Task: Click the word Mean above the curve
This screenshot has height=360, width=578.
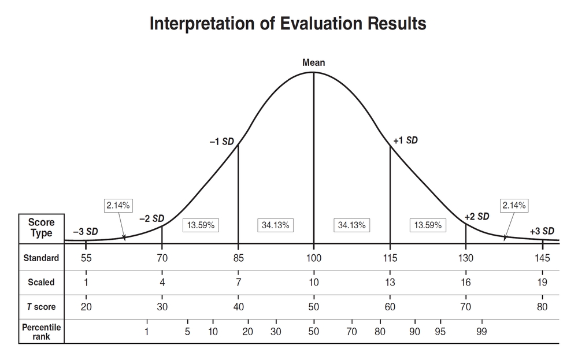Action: pyautogui.click(x=313, y=62)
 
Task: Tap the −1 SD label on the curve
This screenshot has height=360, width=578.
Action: pyautogui.click(x=221, y=142)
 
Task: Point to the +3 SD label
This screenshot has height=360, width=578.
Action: pyautogui.click(x=542, y=232)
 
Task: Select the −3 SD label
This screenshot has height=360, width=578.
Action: pyautogui.click(x=86, y=232)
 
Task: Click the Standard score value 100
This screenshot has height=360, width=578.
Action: pyautogui.click(x=313, y=258)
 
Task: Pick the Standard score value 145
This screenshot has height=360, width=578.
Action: pyautogui.click(x=542, y=258)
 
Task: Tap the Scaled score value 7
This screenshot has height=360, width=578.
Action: pyautogui.click(x=238, y=283)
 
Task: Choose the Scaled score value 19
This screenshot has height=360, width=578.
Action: pyautogui.click(x=542, y=283)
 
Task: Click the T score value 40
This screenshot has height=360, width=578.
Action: pyautogui.click(x=238, y=307)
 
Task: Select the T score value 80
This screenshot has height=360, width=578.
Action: pyautogui.click(x=542, y=307)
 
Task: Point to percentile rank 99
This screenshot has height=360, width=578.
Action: pyautogui.click(x=481, y=332)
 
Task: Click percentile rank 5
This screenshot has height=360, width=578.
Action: pyautogui.click(x=187, y=332)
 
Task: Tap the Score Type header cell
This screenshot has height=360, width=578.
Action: pyautogui.click(x=41, y=228)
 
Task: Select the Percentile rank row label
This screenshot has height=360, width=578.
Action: pyautogui.click(x=41, y=332)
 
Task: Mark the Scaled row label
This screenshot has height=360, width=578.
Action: pyautogui.click(x=41, y=283)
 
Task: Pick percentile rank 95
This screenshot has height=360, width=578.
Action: pyautogui.click(x=440, y=332)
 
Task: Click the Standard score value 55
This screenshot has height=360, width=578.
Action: pyautogui.click(x=86, y=258)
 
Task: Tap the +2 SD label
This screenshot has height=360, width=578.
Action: pyautogui.click(x=477, y=217)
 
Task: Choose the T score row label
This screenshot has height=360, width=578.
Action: pyautogui.click(x=41, y=307)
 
